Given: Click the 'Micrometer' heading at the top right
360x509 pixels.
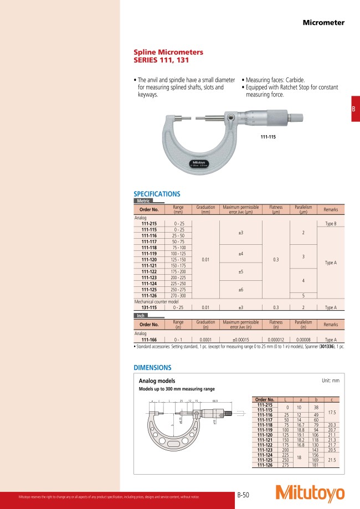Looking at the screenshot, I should tap(323, 23).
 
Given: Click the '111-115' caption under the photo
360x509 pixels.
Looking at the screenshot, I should tap(268, 136).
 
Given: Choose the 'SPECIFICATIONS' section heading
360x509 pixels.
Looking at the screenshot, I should tap(157, 194).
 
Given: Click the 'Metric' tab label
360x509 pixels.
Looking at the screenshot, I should tap(143, 200).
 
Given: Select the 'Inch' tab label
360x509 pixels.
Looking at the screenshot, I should tap(141, 316).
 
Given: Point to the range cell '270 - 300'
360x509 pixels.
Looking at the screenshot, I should tap(178, 296).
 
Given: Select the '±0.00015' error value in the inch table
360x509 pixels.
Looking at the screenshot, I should tap(241, 341).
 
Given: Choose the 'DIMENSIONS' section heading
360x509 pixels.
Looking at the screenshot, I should tap(152, 368).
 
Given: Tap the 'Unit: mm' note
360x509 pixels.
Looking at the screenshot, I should tap(330, 381).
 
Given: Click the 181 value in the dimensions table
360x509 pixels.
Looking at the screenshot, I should tap(315, 465).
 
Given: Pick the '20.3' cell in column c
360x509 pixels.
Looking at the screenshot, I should tap(331, 425).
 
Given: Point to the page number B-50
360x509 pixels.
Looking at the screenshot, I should tap(244, 494).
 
